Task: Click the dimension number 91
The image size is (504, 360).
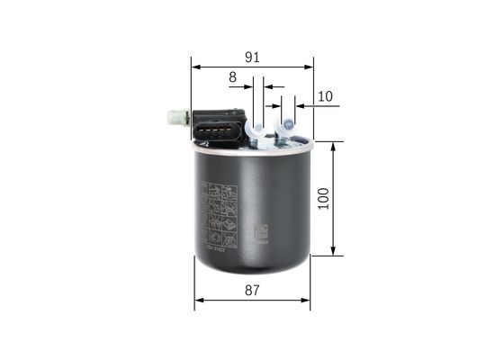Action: [x=252, y=57]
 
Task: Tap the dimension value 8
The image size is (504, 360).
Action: [x=232, y=78]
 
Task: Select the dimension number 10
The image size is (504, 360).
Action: [x=325, y=96]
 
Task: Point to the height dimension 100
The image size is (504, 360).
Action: [x=324, y=198]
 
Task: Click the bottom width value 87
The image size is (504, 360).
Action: [x=252, y=290]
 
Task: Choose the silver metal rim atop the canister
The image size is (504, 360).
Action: [x=252, y=148]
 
